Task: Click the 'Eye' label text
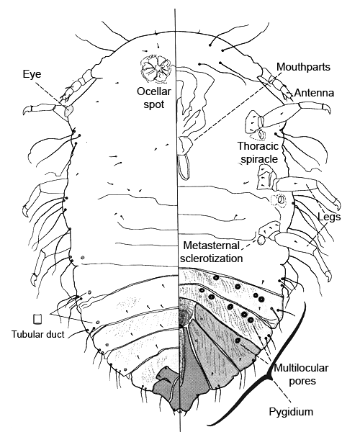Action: [32, 74]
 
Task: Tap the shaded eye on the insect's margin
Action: [68, 110]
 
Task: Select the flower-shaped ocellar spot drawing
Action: [156, 68]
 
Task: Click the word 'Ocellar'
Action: [154, 91]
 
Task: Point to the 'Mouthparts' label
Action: [303, 67]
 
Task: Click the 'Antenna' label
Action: [314, 93]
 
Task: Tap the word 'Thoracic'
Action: [258, 146]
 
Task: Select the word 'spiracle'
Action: [259, 160]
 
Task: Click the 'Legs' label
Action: [329, 217]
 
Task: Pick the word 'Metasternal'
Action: [212, 245]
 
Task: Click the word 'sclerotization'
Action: [212, 258]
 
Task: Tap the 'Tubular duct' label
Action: [37, 334]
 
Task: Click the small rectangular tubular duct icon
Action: [37, 319]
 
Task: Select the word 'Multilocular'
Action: [301, 368]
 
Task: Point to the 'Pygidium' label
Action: [291, 412]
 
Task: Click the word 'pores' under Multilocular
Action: [302, 382]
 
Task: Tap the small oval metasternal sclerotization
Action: [261, 240]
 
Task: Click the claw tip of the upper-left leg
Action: [24, 113]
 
